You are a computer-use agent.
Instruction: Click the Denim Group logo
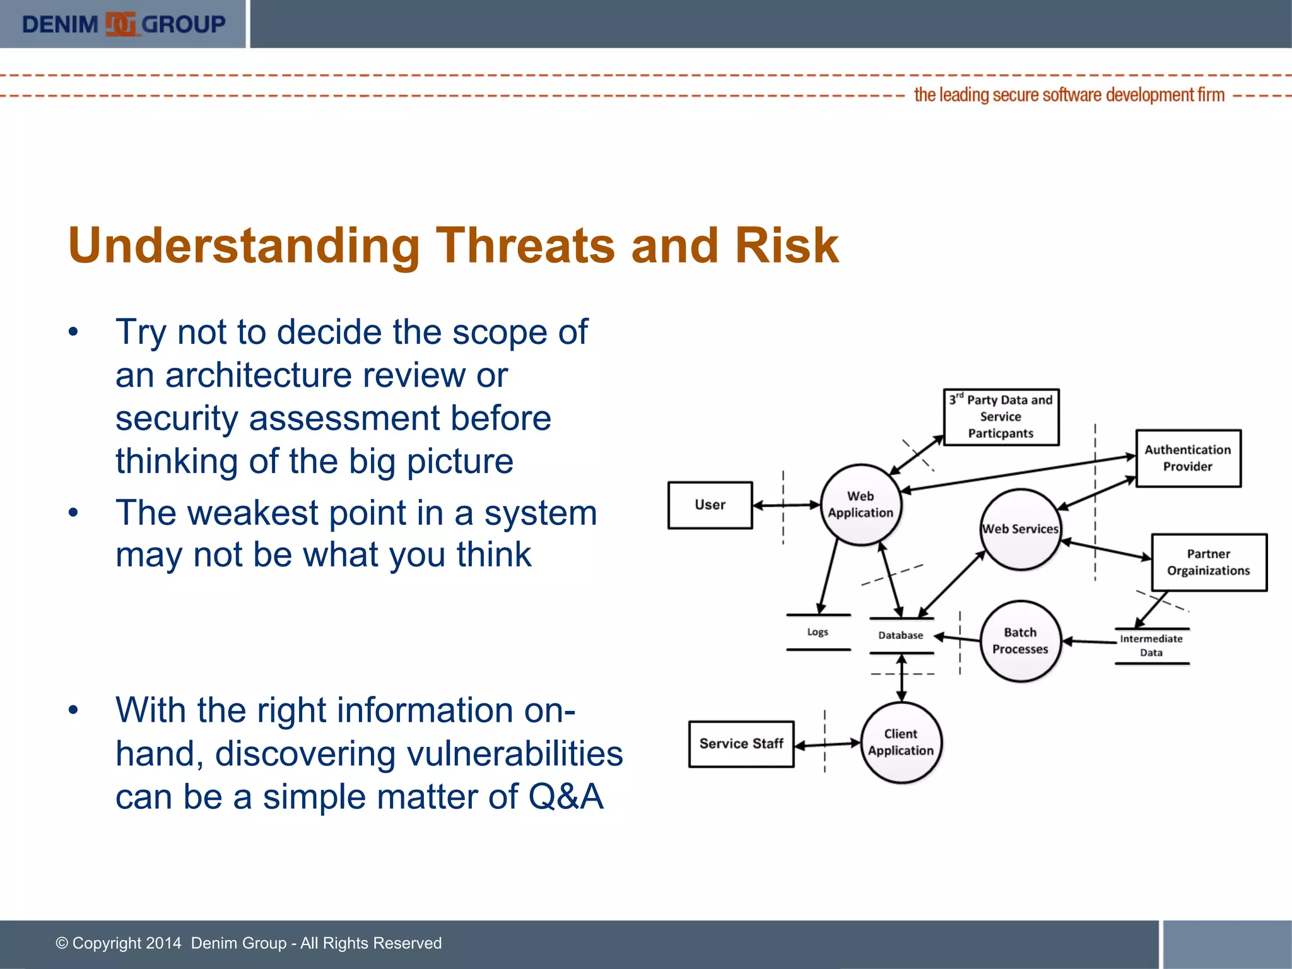[x=123, y=24]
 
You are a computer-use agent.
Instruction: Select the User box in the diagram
[x=710, y=505]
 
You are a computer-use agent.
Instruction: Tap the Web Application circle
[x=860, y=505]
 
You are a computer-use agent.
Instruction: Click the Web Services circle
[x=1020, y=529]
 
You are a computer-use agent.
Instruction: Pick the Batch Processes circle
[x=1020, y=640]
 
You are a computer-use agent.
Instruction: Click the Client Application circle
[x=901, y=742]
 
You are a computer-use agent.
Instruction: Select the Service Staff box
[x=741, y=744]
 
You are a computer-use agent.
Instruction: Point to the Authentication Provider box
[x=1188, y=458]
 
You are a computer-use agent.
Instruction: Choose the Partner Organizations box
[x=1209, y=562]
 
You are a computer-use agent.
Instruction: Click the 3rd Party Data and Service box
[x=1001, y=416]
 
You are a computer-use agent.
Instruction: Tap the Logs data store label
[x=818, y=632]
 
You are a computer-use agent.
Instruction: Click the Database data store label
[x=901, y=635]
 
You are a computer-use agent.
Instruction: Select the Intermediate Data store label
[x=1151, y=645]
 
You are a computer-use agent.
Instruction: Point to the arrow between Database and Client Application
[x=901, y=679]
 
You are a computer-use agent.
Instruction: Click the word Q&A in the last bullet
[x=566, y=796]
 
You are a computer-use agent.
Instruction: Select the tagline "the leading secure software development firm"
[x=1069, y=95]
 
